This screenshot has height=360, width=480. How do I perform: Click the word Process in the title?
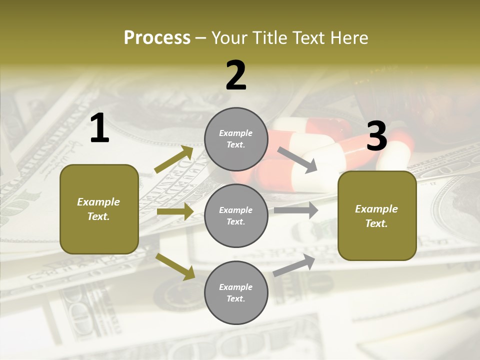157,37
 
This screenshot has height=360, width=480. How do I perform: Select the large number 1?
99,128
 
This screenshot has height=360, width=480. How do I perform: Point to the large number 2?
236,75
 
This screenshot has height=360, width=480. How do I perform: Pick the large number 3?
376,136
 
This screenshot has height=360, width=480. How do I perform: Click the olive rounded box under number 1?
99,209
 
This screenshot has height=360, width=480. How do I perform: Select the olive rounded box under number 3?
377,216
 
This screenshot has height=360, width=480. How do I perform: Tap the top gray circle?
236,139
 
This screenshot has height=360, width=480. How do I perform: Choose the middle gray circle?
236,216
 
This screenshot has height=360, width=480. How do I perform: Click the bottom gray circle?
236,293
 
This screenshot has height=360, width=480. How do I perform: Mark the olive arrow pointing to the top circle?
174,159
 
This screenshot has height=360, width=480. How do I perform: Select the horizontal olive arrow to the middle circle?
175,212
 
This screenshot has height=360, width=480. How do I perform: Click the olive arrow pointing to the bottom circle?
175,266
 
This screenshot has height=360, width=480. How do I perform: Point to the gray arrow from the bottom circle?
294,265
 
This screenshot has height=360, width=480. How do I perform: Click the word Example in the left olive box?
98,202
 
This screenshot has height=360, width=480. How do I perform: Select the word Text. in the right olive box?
376,223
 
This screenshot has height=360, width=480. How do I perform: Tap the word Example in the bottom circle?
236,287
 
